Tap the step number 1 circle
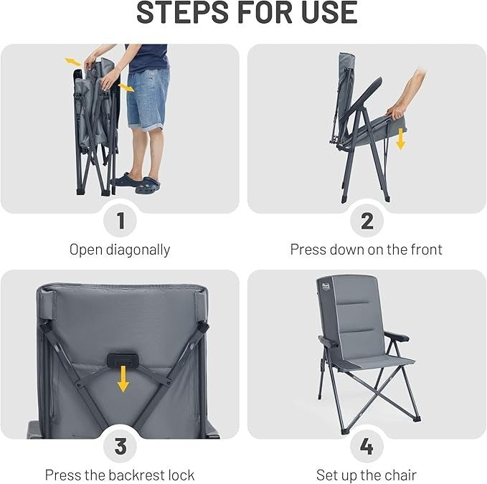pos(120,221)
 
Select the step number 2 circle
pos(367,221)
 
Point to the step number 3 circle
pos(120,446)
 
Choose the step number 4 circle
pos(367,446)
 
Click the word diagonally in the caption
pos(138,250)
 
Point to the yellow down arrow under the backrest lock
pos(123,379)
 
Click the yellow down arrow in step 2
pos(401,138)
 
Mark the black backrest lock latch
pos(123,359)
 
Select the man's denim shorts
pos(148,100)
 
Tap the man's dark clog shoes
pos(137,184)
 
